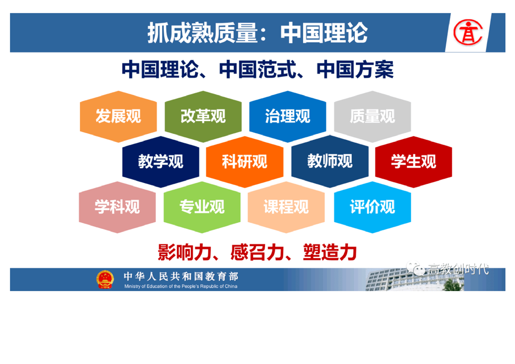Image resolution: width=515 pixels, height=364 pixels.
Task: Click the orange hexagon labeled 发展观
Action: (118, 117)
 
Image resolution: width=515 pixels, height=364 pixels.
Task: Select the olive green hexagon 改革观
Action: (203, 117)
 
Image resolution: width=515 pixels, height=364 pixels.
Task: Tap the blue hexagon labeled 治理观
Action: (288, 117)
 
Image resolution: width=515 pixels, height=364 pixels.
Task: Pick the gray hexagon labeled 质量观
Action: (372, 117)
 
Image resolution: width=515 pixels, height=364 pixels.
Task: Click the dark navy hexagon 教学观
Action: (161, 162)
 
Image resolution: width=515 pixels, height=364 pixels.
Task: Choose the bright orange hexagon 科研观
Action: (245, 162)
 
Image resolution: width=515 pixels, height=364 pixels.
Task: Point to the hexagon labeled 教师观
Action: (330, 162)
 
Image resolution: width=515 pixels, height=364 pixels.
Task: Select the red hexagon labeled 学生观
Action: (414, 162)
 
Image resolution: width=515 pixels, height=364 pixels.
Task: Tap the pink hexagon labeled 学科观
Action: (117, 207)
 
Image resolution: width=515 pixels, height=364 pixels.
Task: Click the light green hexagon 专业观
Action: (202, 207)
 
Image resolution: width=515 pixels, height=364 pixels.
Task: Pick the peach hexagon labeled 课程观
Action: (286, 207)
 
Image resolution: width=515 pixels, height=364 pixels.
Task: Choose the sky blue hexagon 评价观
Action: (372, 207)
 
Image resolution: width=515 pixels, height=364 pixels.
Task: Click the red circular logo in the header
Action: (468, 33)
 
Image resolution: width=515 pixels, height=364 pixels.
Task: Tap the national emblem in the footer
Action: (105, 280)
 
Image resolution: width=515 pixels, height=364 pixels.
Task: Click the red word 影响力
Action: (184, 252)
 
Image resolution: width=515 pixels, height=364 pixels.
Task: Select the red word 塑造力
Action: (330, 252)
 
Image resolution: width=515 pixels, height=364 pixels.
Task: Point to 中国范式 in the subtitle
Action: (257, 69)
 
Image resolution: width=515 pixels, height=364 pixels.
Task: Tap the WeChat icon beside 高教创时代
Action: (415, 269)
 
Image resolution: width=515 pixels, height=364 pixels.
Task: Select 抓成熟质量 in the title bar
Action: (202, 33)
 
